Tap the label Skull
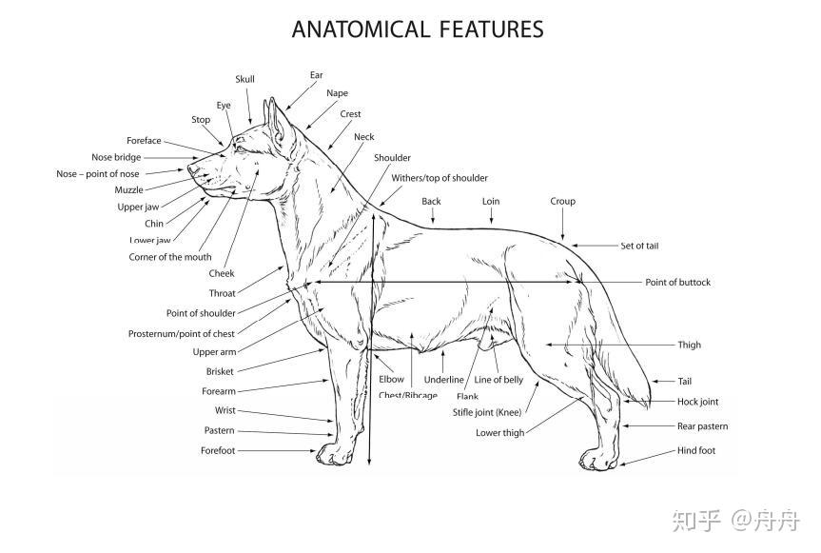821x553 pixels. coord(244,79)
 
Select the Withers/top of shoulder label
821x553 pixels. coord(440,178)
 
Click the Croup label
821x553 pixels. coord(562,201)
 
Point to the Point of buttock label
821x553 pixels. coord(677,282)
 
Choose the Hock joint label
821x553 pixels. coord(697,402)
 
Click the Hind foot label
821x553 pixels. coord(695,450)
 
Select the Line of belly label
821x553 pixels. coord(498,380)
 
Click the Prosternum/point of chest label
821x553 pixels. coord(181,334)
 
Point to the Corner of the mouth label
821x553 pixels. coord(170,257)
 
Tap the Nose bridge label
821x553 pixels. coord(116,157)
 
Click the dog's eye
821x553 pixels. coord(240,147)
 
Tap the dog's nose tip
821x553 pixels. coord(189,171)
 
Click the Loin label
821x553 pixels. coord(491,201)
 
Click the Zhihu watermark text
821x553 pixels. coord(735,521)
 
